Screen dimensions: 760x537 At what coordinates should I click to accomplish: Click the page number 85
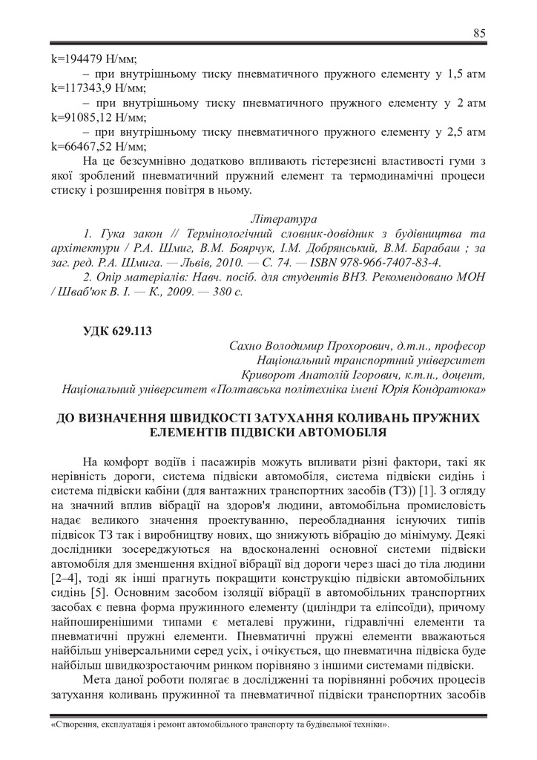[479, 33]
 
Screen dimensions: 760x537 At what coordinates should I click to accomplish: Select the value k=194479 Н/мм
[93, 58]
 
